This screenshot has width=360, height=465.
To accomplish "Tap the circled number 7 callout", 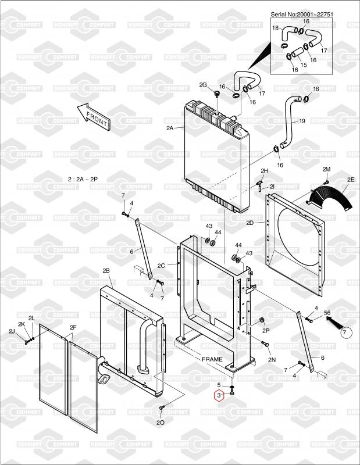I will (344, 332).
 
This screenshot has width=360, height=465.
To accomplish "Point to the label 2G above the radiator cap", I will (203, 85).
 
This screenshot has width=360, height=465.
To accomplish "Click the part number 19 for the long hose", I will (302, 121).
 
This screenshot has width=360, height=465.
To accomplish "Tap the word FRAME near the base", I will (212, 359).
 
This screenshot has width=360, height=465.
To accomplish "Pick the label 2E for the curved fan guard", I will (351, 180).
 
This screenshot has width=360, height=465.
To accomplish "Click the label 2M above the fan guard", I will (326, 169).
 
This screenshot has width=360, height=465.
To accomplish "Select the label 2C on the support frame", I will (162, 265).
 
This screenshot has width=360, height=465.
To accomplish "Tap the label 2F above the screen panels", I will (73, 327).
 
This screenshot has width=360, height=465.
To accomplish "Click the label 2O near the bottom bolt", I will (160, 422).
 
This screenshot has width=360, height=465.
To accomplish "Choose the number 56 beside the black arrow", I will (327, 312).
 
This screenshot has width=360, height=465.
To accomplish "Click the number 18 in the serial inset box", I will (276, 28).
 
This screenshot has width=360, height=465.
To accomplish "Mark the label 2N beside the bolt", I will (272, 360).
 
